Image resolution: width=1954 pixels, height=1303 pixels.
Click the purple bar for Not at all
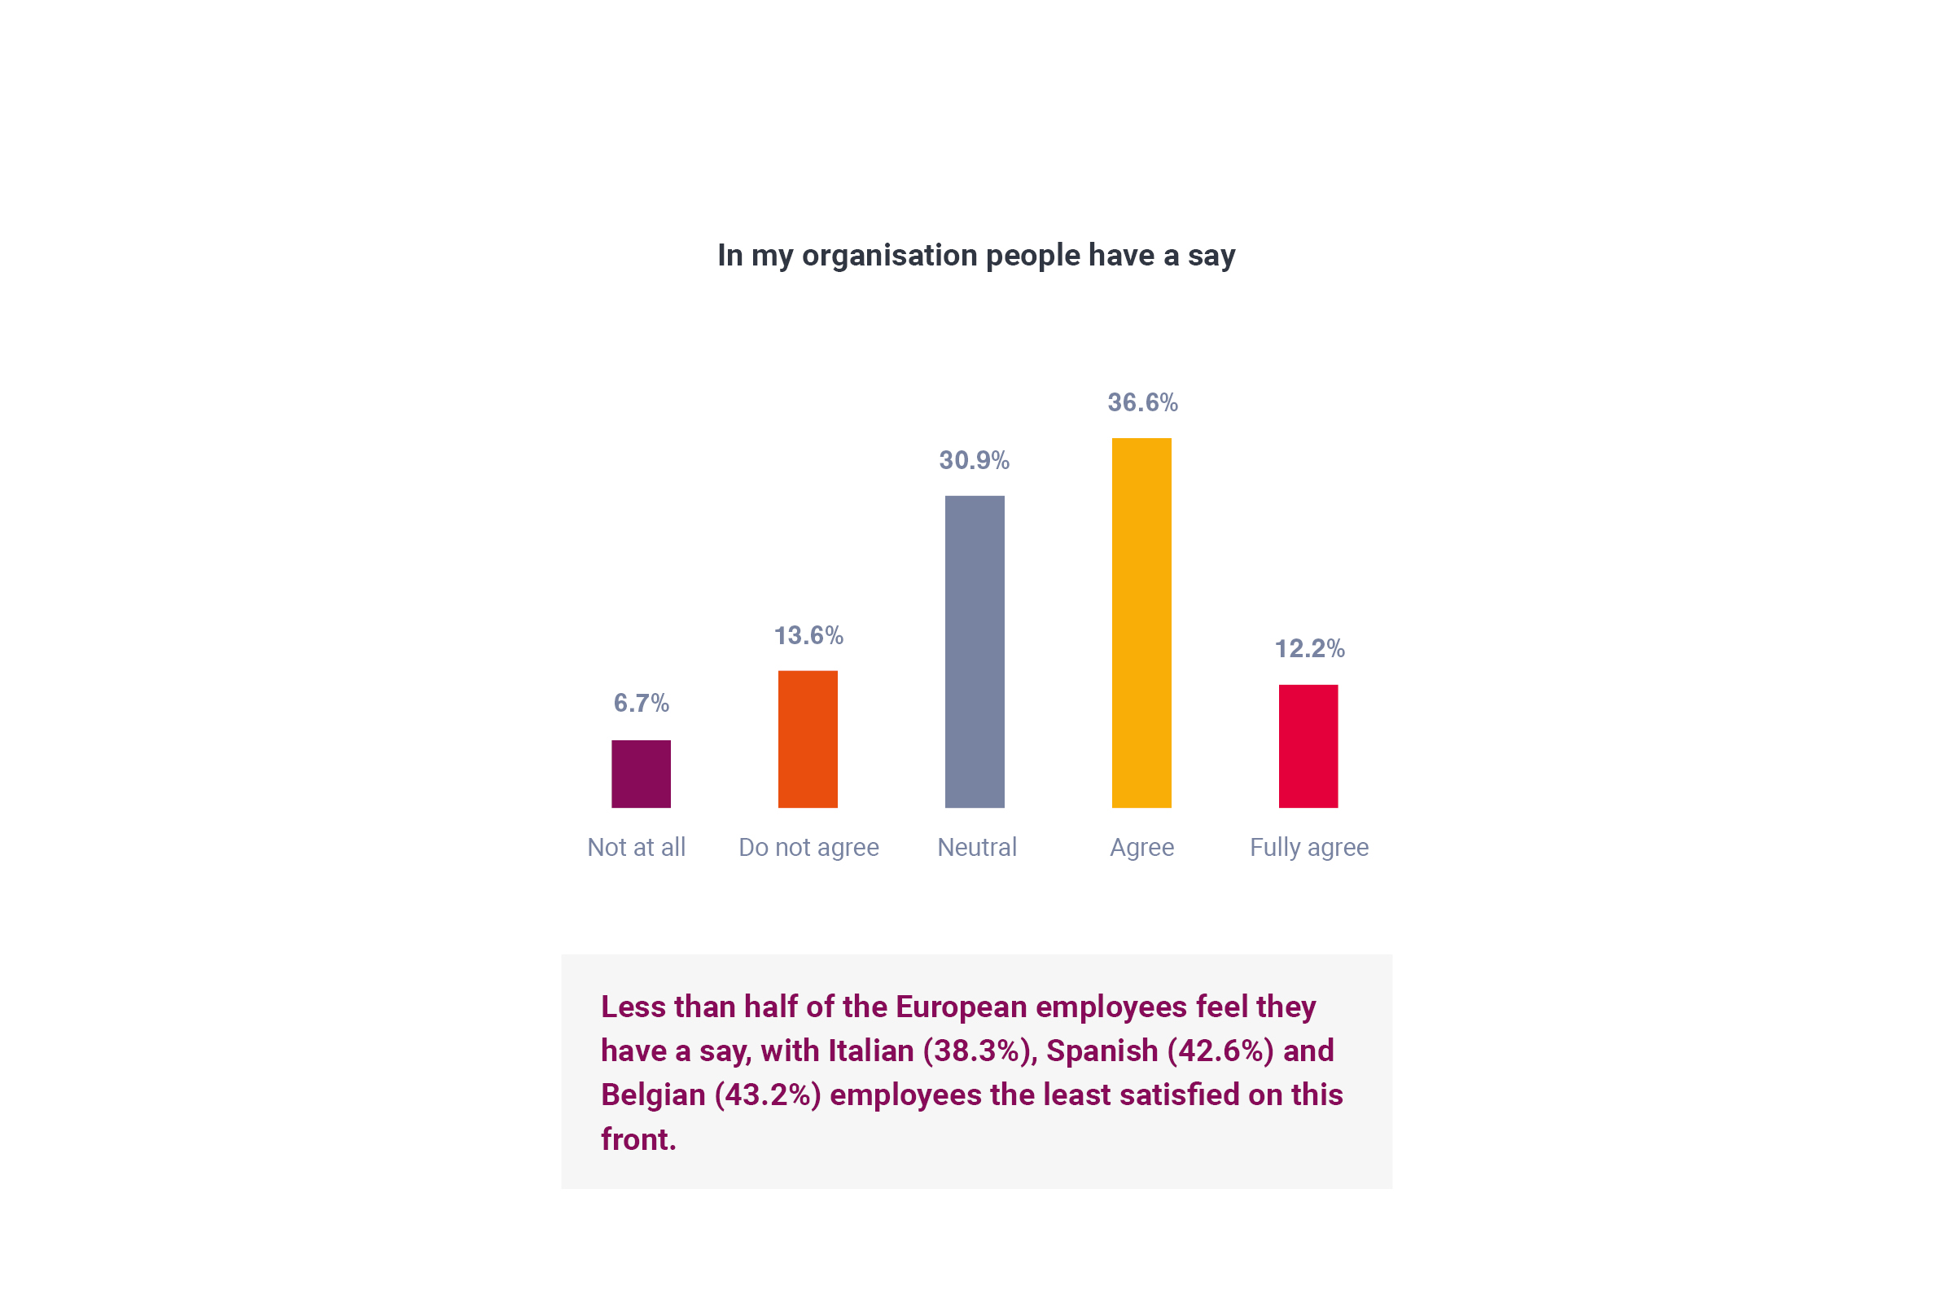click(x=641, y=774)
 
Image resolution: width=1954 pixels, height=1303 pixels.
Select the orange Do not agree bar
click(x=808, y=739)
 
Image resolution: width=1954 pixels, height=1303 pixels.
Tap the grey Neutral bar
click(x=975, y=651)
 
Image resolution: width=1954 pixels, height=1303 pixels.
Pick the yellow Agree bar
click(x=1141, y=622)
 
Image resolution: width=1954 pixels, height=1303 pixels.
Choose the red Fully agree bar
click(x=1308, y=746)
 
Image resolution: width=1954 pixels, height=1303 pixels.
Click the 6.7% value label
click(x=641, y=703)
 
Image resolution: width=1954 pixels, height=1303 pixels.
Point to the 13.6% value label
click(x=808, y=636)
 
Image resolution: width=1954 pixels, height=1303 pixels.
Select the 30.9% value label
click(x=975, y=460)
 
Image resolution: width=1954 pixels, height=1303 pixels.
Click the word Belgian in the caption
click(x=653, y=1095)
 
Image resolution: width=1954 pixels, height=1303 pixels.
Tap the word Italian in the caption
click(x=870, y=1051)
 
